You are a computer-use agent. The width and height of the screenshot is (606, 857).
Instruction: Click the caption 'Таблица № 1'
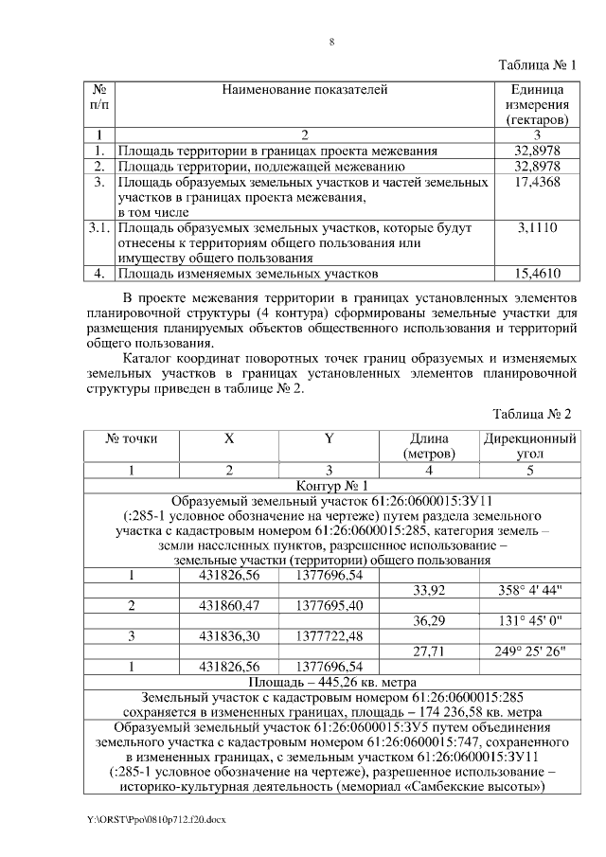(536, 65)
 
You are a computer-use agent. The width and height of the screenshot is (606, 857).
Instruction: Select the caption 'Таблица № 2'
(534, 414)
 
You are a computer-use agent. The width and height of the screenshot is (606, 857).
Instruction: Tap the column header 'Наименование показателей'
(305, 90)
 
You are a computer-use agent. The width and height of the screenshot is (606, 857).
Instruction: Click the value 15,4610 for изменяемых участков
(537, 275)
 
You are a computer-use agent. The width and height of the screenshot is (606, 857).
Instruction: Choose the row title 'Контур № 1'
(330, 485)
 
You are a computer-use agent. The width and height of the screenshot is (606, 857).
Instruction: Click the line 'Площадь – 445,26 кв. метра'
(330, 682)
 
